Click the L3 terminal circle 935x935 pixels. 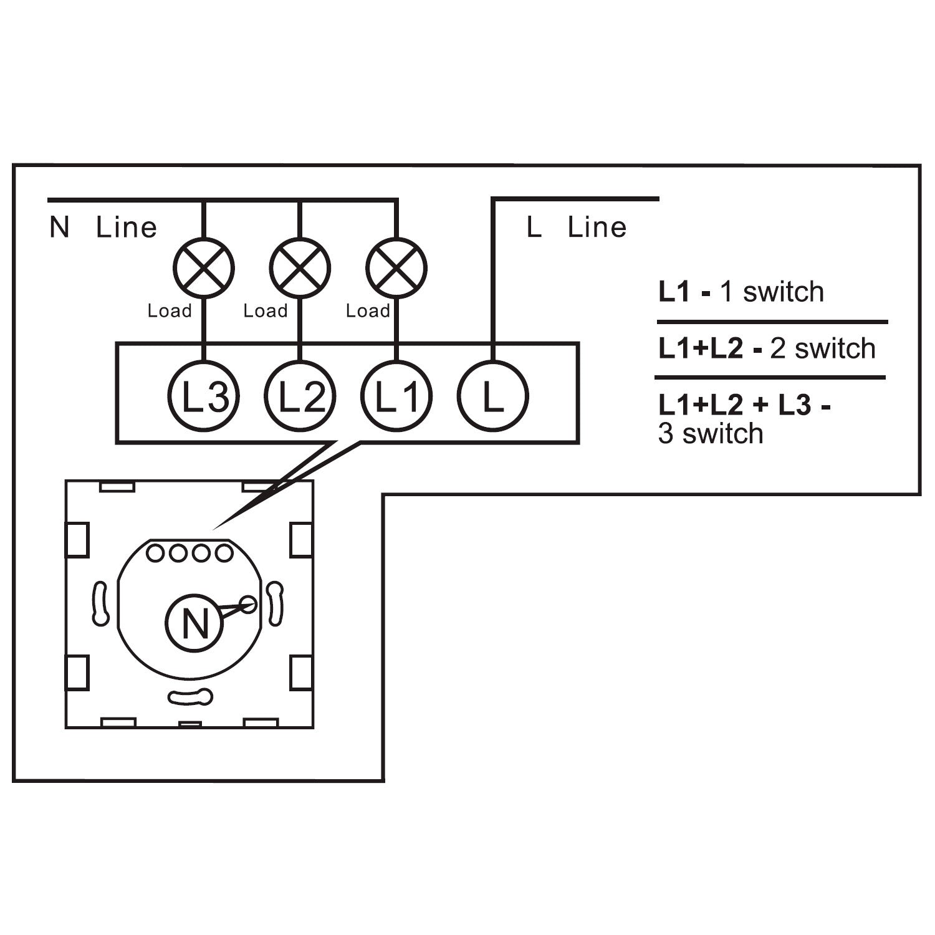[x=203, y=396]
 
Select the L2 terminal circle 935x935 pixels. [x=300, y=396]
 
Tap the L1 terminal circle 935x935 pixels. [x=396, y=396]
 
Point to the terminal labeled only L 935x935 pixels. [x=492, y=396]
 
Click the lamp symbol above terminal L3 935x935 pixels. [x=203, y=267]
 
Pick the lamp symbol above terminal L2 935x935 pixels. [x=300, y=267]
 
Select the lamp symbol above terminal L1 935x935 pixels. [x=396, y=267]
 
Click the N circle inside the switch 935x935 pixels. [x=194, y=623]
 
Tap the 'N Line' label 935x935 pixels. [x=103, y=228]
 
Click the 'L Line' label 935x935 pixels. [x=577, y=228]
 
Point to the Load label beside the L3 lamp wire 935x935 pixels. [x=170, y=310]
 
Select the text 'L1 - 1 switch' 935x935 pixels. [x=741, y=292]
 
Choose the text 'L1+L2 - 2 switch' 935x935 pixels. [x=767, y=348]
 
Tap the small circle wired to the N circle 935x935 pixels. [x=248, y=604]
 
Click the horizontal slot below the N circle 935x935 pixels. [x=190, y=697]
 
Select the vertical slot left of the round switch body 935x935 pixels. [x=100, y=603]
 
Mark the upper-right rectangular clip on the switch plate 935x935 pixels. [x=301, y=540]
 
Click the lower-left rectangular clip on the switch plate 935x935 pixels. [x=77, y=673]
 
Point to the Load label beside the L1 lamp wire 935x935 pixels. [x=368, y=310]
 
